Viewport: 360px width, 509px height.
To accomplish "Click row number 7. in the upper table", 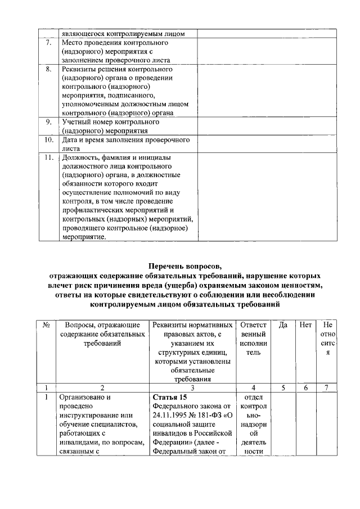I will (x=48, y=43).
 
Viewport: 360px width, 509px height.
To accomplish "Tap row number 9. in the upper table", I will (x=48, y=121).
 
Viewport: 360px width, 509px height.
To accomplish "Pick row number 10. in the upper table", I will (x=49, y=139).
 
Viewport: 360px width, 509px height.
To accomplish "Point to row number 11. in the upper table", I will (x=49, y=157).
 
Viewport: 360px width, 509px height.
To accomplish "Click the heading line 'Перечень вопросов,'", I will (x=185, y=266).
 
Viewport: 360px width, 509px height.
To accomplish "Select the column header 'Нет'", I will (x=305, y=325).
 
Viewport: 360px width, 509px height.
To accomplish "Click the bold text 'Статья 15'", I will (x=169, y=397).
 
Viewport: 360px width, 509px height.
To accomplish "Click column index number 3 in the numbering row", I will (x=192, y=388).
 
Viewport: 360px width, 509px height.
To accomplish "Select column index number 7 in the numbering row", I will (x=327, y=388).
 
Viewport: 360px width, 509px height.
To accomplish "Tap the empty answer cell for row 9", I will (x=259, y=126).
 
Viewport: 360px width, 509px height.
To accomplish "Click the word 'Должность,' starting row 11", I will (x=80, y=157).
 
